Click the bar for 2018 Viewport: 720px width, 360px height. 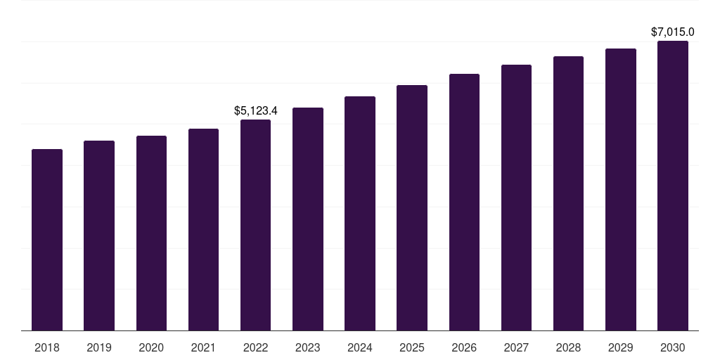pos(47,240)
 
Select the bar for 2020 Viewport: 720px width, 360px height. pos(151,233)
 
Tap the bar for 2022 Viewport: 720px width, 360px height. pos(255,225)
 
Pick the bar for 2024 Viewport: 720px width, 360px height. pos(360,213)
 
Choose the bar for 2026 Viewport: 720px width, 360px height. pos(464,202)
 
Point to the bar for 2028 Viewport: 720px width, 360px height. pos(568,193)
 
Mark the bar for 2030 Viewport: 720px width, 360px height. pos(673,186)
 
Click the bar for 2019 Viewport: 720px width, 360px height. pos(99,236)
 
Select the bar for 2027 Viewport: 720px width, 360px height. pos(516,198)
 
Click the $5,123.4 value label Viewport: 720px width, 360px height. pos(255,110)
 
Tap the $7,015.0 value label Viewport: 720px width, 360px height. pos(673,32)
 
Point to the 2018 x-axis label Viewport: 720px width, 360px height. pos(47,347)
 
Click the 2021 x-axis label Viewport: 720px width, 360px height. pos(203,347)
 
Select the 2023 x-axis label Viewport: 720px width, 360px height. pos(308,347)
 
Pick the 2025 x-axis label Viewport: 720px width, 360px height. pos(412,347)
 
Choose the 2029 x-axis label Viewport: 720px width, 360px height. pos(621,347)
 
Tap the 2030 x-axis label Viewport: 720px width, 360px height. pos(673,347)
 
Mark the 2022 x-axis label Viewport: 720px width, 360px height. pos(255,347)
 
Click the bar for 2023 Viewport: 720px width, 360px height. pos(308,219)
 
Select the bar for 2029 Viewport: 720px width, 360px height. pos(621,189)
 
